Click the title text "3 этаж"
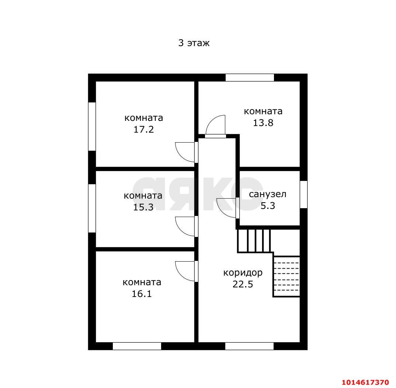(194, 43)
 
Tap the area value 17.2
(143, 129)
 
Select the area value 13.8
(263, 123)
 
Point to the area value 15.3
(143, 207)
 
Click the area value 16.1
(142, 294)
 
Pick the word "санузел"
(267, 194)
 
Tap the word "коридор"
(243, 273)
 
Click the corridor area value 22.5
(243, 284)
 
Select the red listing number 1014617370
(365, 382)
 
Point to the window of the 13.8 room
(250, 77)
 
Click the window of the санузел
(303, 195)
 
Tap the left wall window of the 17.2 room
(92, 126)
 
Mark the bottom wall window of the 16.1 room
(137, 346)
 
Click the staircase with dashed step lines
(286, 276)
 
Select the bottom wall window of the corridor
(249, 346)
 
